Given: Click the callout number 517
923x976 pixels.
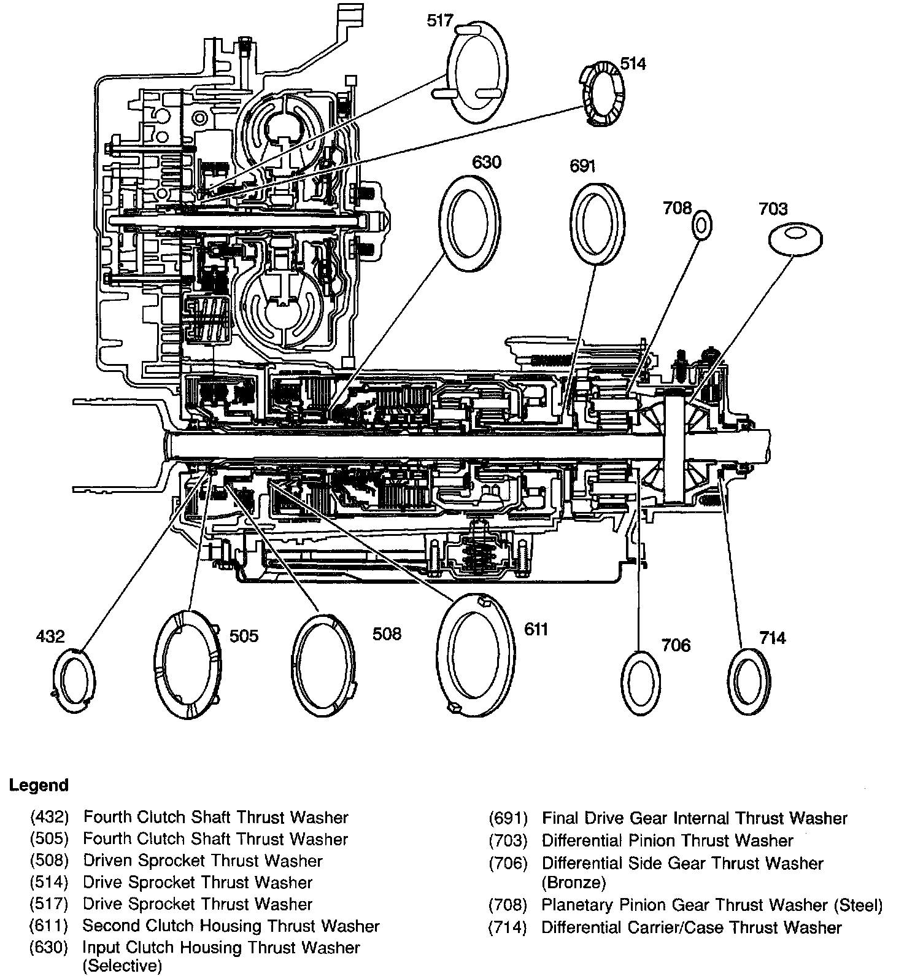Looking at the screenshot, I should point(440,21).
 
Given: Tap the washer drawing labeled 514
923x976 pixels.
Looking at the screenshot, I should point(603,95).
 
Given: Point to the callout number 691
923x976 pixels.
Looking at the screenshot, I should point(582,166).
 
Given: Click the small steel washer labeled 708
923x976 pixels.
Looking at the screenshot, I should point(702,225).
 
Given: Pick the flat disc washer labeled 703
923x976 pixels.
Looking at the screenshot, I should point(795,238).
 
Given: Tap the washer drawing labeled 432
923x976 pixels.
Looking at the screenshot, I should point(73,681).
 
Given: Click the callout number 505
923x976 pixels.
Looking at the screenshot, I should point(244,636).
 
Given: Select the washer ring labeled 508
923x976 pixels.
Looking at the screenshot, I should point(323,664).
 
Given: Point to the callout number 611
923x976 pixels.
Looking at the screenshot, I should point(536,629).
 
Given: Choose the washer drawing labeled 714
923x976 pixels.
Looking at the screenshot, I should point(750,680).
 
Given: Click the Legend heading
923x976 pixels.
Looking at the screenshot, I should point(39,785).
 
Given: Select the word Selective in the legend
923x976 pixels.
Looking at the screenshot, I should point(122,966).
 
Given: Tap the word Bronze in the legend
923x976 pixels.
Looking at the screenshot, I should point(573,883).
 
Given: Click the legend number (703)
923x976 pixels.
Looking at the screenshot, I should point(508,840).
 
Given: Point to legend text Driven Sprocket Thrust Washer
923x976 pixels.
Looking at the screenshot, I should point(203,861).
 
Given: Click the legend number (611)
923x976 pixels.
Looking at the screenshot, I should point(48,926).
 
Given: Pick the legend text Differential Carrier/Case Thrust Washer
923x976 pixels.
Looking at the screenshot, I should point(691,927).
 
